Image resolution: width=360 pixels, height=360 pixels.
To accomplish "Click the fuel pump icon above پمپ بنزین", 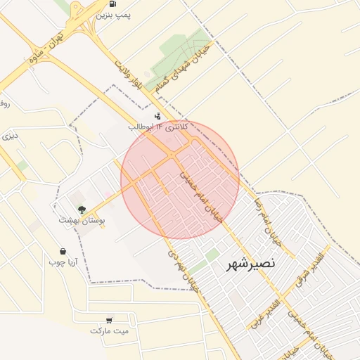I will (x=113, y=4).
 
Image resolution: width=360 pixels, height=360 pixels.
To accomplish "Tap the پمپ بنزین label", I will (x=113, y=14).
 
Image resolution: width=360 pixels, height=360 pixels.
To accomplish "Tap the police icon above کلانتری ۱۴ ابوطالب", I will (x=157, y=116).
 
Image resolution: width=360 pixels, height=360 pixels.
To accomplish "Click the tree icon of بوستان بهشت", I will (x=82, y=209).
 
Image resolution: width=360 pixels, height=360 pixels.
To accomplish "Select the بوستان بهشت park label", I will (x=82, y=220).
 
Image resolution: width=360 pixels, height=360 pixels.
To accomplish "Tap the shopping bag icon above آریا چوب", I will (x=63, y=251).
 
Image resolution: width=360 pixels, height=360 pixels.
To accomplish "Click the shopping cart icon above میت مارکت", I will (x=109, y=319).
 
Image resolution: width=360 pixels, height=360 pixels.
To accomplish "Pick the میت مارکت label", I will (x=110, y=330).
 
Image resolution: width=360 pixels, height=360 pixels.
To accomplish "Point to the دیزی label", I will (x=8, y=135).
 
